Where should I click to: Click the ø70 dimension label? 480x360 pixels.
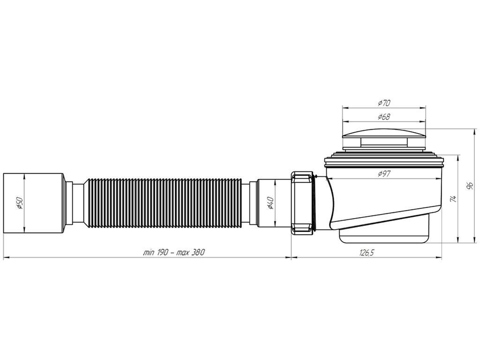pyautogui.click(x=384, y=103)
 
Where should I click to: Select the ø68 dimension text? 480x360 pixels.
pyautogui.click(x=384, y=117)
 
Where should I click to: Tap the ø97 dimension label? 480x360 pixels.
pyautogui.click(x=384, y=174)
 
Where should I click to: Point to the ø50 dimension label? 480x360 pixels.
pyautogui.click(x=19, y=203)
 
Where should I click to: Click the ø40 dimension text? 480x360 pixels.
pyautogui.click(x=270, y=203)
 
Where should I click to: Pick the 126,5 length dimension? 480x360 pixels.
pyautogui.click(x=367, y=253)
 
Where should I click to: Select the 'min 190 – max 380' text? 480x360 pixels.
pyautogui.click(x=173, y=253)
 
